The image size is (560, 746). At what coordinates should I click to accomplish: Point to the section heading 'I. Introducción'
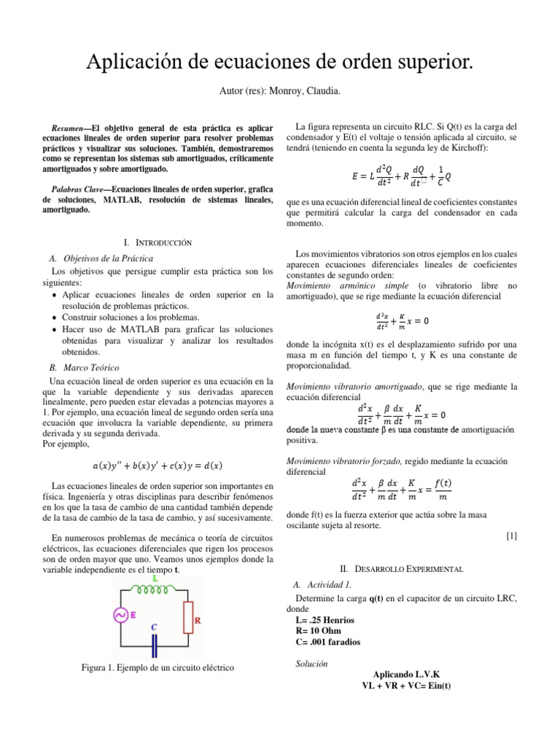point(158,241)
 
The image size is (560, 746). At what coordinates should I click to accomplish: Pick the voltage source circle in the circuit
point(120,616)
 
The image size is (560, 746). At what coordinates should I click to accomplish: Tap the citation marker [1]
point(511,536)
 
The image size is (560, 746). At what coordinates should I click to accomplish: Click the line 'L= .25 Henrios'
point(324,619)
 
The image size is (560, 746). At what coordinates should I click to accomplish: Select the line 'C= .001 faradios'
point(327,642)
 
